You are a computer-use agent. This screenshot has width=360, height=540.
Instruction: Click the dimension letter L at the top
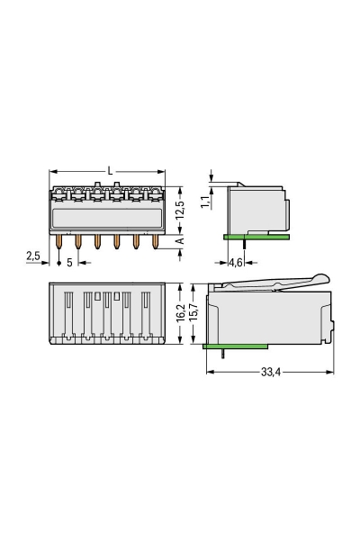[109, 169]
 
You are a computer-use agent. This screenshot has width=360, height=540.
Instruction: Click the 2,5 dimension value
[33, 256]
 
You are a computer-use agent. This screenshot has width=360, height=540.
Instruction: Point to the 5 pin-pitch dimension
[69, 263]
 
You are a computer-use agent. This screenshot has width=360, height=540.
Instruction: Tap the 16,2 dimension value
[180, 312]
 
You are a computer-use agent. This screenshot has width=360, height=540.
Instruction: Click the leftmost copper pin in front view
[61, 241]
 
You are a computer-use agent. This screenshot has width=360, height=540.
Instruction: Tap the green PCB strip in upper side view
[256, 238]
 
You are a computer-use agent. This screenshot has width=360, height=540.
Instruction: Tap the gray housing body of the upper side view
[261, 209]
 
